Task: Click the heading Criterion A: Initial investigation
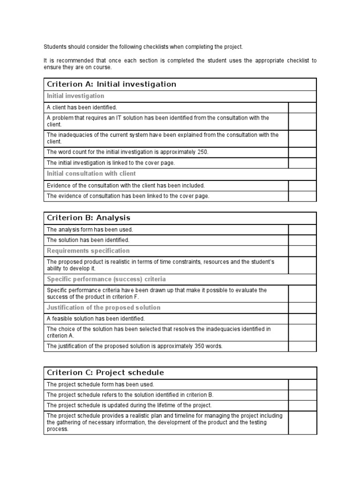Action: (112, 84)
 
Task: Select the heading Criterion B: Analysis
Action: (89, 218)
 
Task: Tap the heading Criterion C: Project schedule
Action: (105, 373)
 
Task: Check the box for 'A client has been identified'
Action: (302, 107)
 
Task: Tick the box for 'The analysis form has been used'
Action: (302, 230)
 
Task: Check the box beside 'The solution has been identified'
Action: (302, 240)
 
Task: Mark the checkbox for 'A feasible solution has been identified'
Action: (302, 319)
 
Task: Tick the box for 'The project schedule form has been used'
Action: (302, 384)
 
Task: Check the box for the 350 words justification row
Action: (302, 346)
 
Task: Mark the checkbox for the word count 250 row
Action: (302, 152)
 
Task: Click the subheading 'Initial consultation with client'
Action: (91, 173)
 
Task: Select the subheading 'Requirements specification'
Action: (88, 251)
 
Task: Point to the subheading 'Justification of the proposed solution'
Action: (104, 307)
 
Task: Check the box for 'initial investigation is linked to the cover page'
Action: (302, 163)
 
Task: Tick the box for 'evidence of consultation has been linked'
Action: (302, 196)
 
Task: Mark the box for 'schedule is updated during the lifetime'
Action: (302, 405)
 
